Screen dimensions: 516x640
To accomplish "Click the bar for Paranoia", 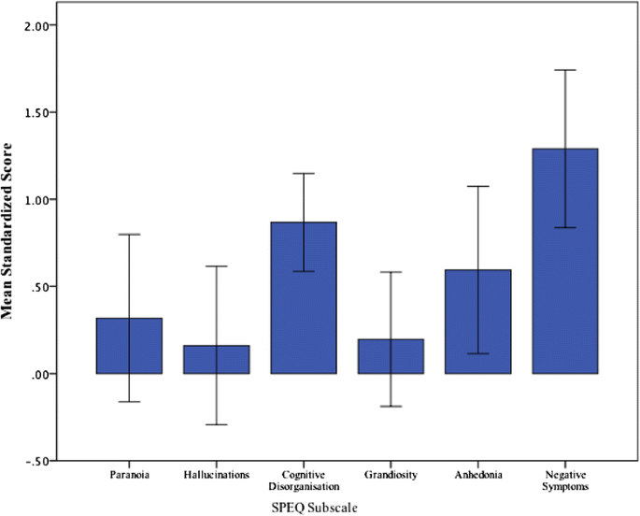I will pyautogui.click(x=129, y=346).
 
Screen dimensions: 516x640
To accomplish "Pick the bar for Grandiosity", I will pyautogui.click(x=391, y=356).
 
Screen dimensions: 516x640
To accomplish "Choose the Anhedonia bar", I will pyautogui.click(x=477, y=322).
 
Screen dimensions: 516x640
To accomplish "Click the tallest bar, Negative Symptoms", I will pyautogui.click(x=564, y=261).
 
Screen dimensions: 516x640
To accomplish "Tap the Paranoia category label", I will pyautogui.click(x=129, y=474).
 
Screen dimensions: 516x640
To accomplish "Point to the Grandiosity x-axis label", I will pyautogui.click(x=391, y=474).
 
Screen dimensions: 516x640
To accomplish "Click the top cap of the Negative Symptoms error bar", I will pyautogui.click(x=564, y=70).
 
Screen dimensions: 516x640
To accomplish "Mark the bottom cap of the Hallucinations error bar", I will pyautogui.click(x=217, y=424).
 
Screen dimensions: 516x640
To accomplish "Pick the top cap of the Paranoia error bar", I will pyautogui.click(x=129, y=235).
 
